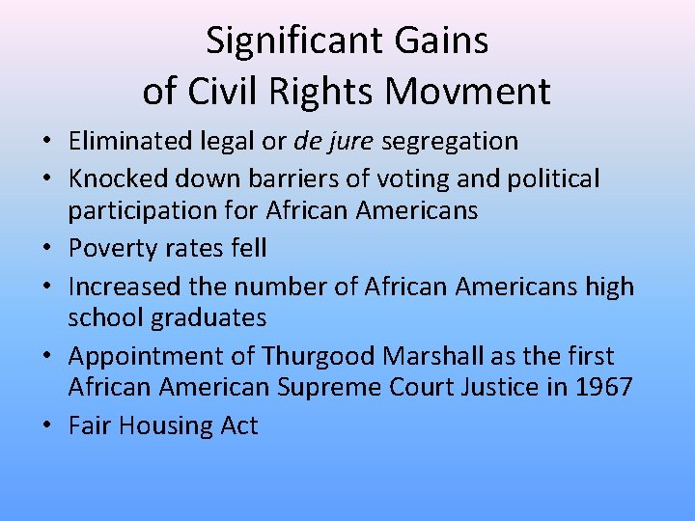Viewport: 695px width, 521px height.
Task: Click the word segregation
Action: tap(450, 141)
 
